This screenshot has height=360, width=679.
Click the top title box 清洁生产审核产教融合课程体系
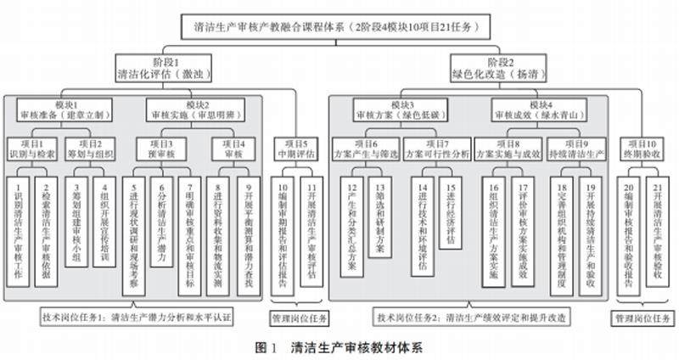pos(339,26)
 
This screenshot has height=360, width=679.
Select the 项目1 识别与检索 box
pos(33,149)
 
